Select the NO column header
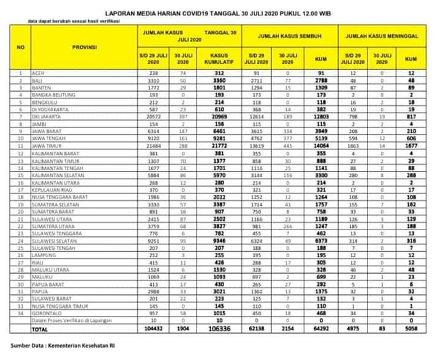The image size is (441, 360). point(20,47)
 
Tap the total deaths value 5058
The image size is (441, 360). point(412,329)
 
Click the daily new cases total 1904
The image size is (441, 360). point(183,329)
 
